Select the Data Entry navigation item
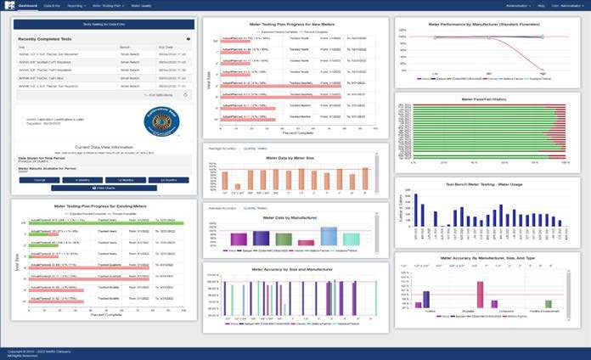pyautogui.click(x=51, y=5)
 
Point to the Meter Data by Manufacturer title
pyautogui.click(x=294, y=219)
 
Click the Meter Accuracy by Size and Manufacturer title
pyautogui.click(x=294, y=272)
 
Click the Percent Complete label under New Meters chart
pyautogui.click(x=294, y=133)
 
